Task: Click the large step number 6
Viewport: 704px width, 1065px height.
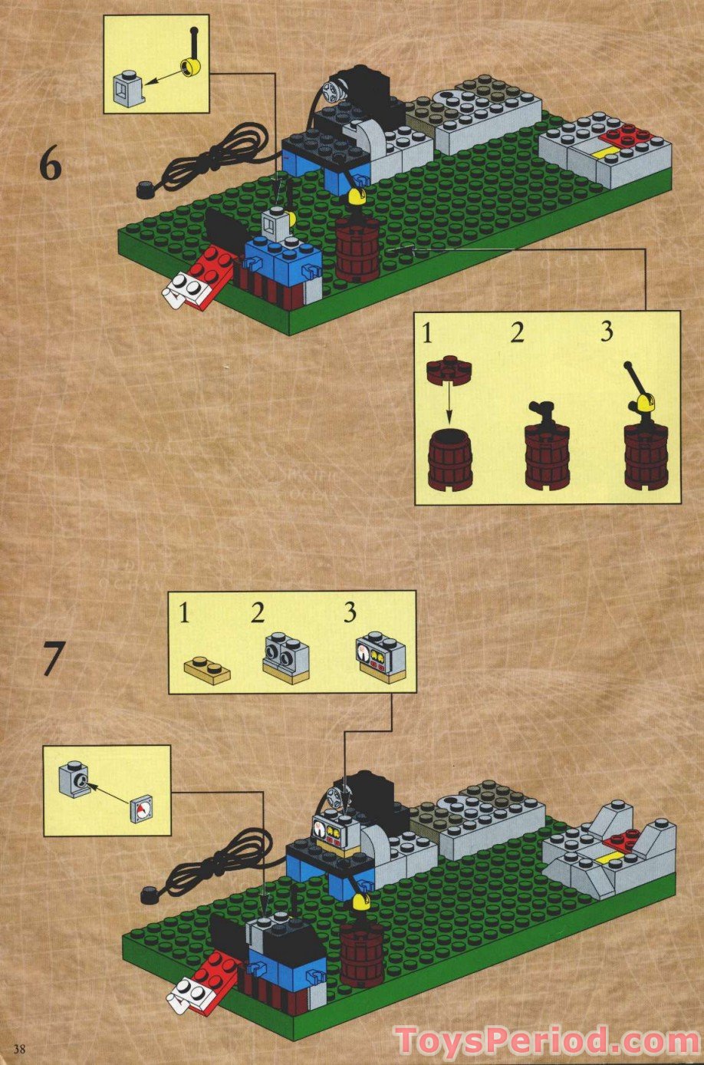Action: [50, 166]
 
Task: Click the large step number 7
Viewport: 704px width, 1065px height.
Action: [51, 659]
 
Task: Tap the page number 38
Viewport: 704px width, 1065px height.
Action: [19, 1049]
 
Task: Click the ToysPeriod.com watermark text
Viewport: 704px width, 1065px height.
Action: [547, 1042]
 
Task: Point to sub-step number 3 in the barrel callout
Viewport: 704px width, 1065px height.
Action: [607, 332]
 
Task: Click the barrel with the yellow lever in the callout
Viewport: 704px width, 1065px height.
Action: [645, 449]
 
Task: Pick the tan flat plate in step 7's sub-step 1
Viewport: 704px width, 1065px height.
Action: [207, 670]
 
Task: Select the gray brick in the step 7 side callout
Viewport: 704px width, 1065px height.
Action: [74, 780]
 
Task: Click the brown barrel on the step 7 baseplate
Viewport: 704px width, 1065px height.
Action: [361, 953]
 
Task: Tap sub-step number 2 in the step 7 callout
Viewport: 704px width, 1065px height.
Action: [258, 613]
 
